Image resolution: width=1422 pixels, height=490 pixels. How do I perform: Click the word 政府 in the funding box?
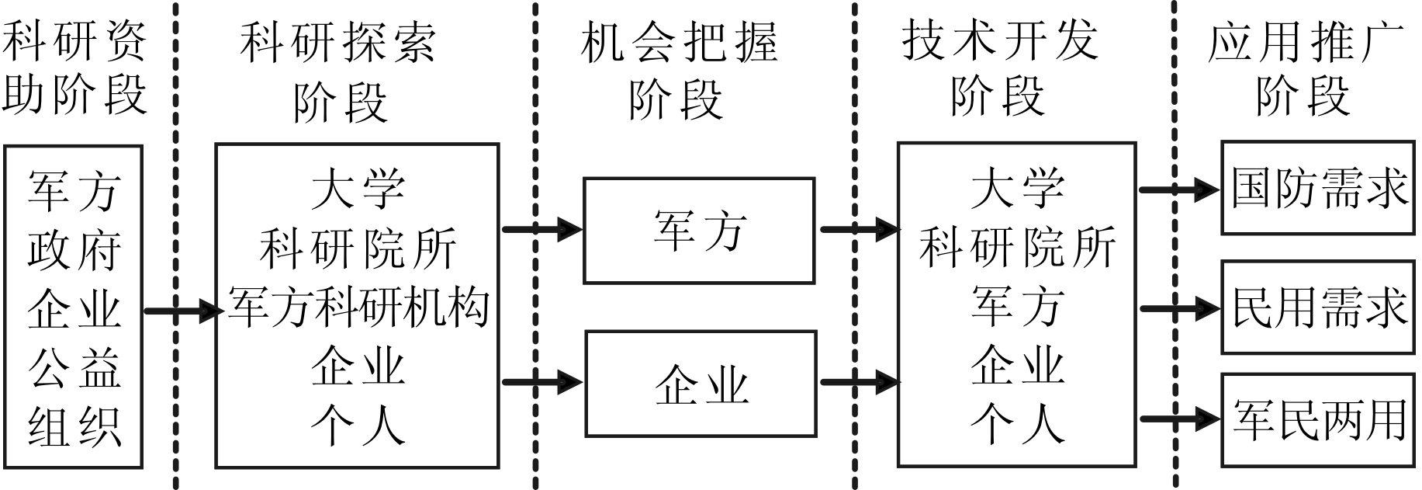point(74,250)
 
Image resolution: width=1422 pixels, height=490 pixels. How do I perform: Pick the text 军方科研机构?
point(358,308)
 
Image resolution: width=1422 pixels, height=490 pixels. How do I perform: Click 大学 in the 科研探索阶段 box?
point(358,190)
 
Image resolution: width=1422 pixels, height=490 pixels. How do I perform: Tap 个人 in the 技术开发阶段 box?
point(1016,426)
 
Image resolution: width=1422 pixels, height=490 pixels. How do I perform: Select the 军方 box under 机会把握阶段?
point(699,231)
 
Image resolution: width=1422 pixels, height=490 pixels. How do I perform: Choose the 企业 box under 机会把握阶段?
point(701,384)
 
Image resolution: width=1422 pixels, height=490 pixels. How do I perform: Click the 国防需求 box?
point(1319,188)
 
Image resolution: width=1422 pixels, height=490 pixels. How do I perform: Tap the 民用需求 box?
point(1319,308)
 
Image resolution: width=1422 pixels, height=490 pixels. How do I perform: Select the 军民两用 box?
point(1319,420)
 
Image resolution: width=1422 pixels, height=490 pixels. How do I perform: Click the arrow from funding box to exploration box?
point(182,311)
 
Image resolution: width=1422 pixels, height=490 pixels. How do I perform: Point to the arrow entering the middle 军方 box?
point(542,229)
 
